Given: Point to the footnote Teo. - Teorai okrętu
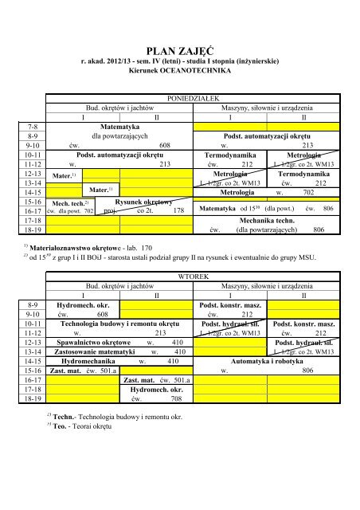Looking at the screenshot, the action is tap(87, 449).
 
